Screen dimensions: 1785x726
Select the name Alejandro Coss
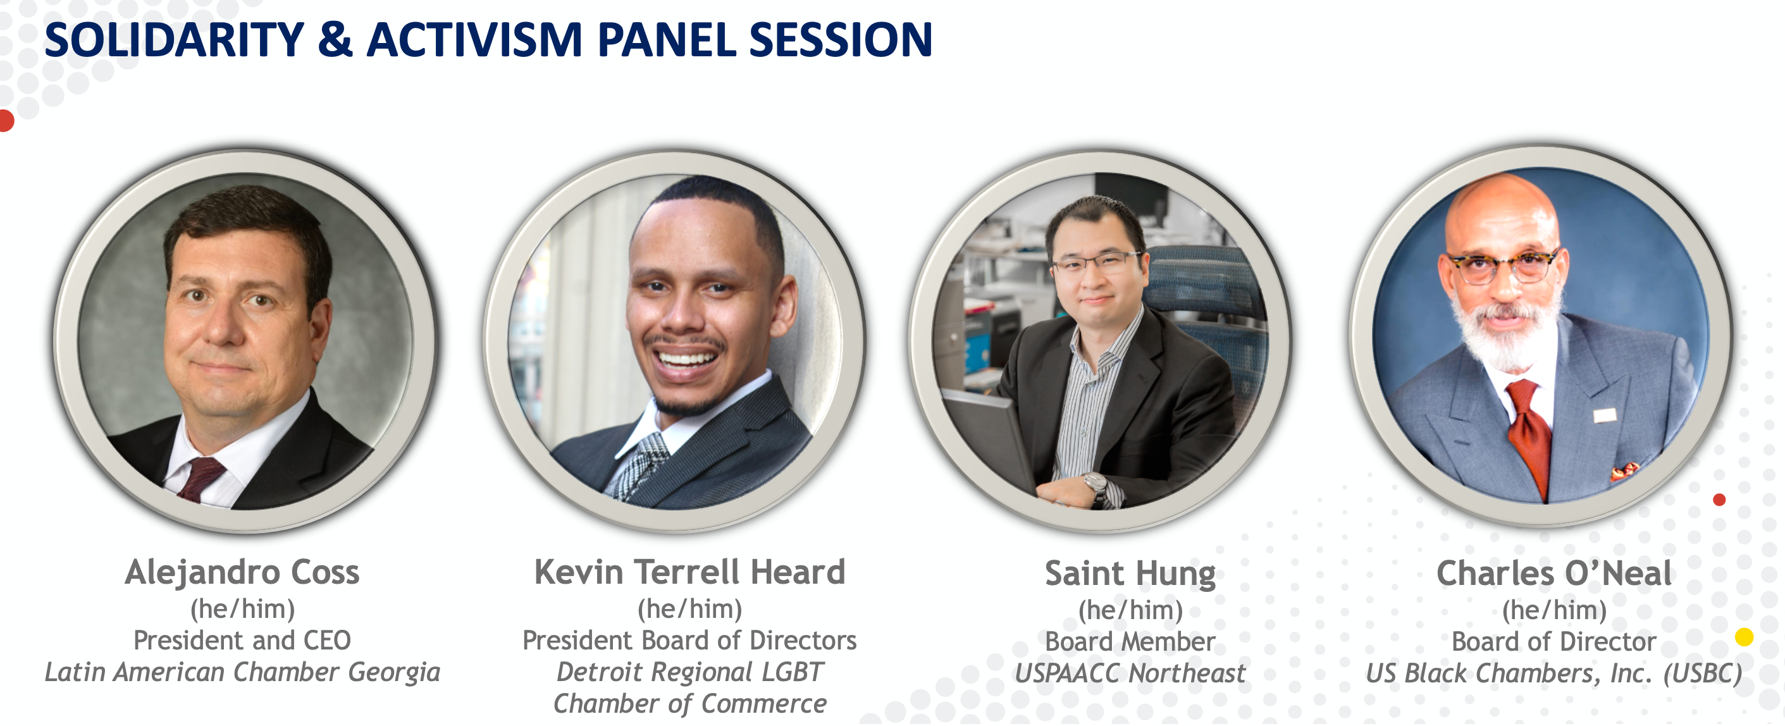pos(242,573)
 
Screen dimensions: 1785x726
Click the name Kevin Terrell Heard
pos(689,572)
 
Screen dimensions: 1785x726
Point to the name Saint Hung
pos(1130,574)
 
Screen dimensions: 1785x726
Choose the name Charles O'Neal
pos(1554,574)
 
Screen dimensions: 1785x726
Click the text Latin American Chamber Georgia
pos(242,672)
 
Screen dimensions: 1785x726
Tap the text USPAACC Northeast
pos(1130,674)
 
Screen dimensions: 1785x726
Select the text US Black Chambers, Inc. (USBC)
pos(1554,674)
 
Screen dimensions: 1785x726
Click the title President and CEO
pos(242,640)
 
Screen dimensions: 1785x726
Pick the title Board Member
pos(1130,641)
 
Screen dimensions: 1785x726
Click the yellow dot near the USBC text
pos(1743,637)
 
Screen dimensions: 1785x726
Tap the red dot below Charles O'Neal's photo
pos(1719,500)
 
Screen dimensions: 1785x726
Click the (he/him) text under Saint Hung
pos(1130,610)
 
